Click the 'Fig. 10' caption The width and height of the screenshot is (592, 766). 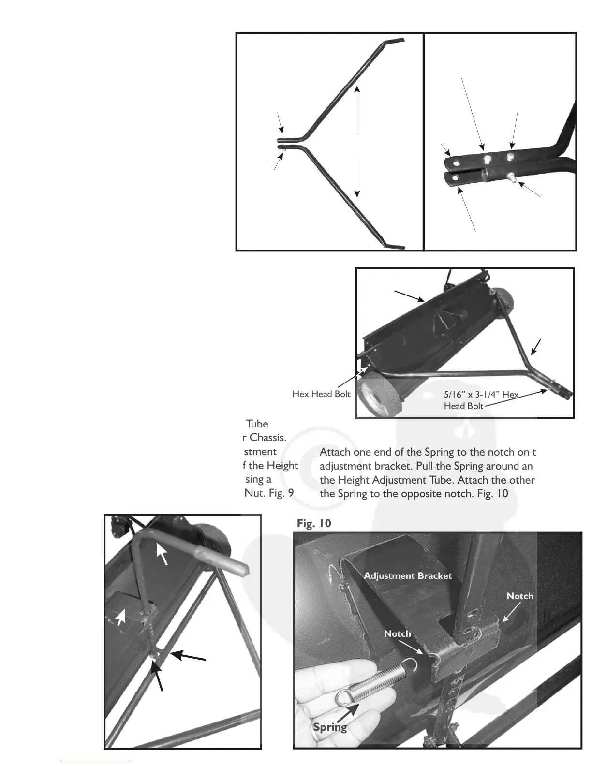[314, 523]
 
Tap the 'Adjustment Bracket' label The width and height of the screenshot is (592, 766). [407, 575]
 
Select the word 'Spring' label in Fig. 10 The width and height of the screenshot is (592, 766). [330, 727]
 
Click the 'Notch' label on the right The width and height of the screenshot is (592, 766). [519, 596]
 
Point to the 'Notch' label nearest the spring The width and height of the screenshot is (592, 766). [397, 633]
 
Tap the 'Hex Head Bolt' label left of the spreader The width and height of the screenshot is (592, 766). [321, 394]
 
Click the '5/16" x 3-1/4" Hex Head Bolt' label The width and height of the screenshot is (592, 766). [481, 400]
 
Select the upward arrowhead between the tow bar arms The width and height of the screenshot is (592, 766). [357, 89]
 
